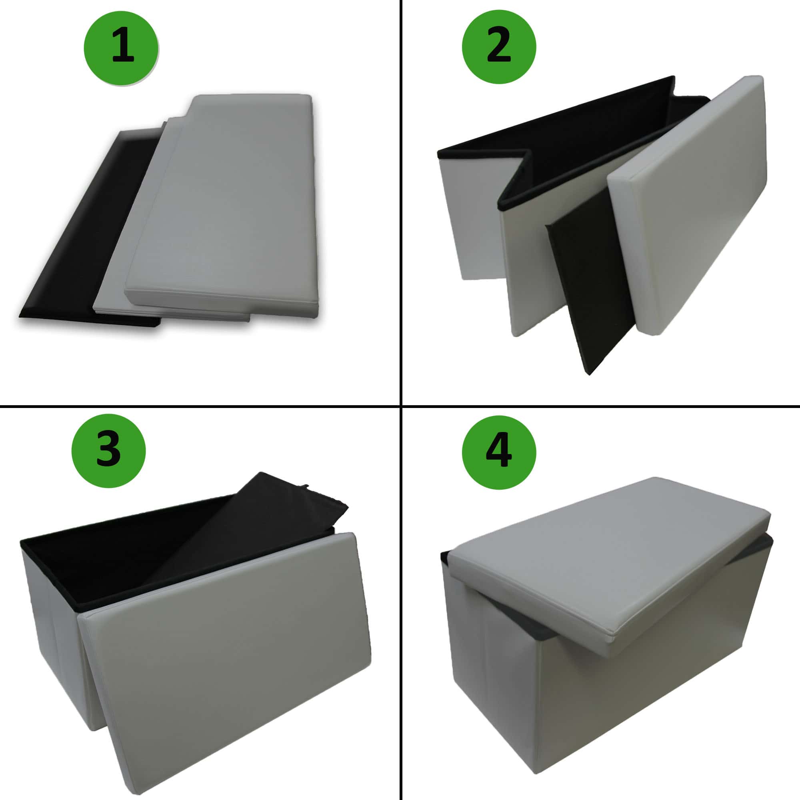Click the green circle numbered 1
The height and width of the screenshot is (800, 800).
coord(121,48)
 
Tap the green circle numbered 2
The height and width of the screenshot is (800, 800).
coord(499,46)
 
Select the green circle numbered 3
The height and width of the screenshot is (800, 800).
coord(108,450)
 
